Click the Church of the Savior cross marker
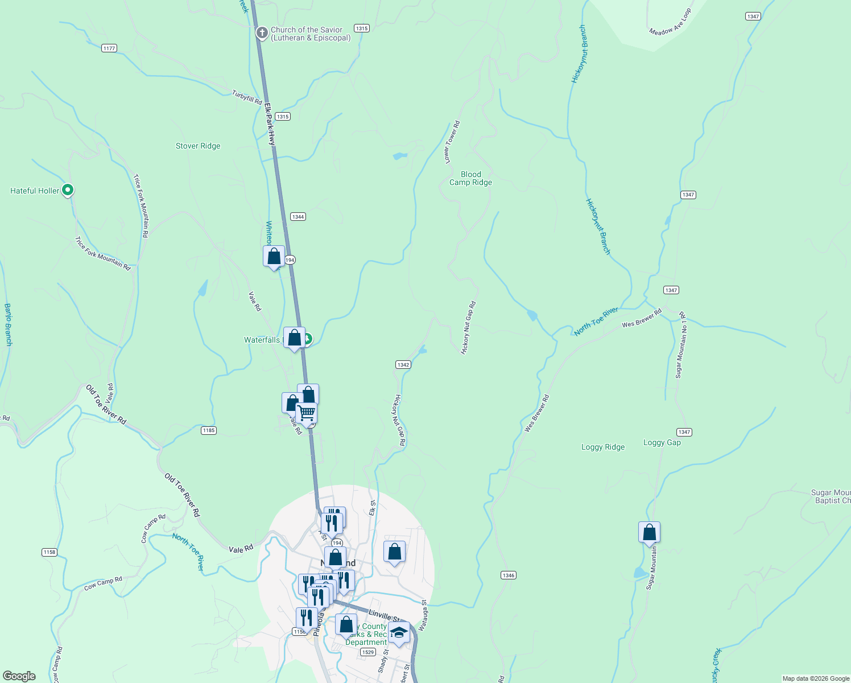tap(262, 33)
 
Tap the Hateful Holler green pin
tap(68, 190)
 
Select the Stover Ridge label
tap(198, 146)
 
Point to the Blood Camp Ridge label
tap(470, 178)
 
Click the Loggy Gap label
tap(662, 442)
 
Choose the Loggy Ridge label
tap(603, 447)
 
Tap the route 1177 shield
tap(109, 48)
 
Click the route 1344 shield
tap(298, 216)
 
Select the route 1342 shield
tap(403, 364)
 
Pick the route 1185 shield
tap(209, 430)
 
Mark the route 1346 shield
tap(509, 575)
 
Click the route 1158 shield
tap(49, 552)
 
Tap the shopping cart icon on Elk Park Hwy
tap(307, 413)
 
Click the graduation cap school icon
tap(399, 632)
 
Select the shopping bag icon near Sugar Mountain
tap(649, 533)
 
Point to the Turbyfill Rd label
tap(247, 97)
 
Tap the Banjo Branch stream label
tap(8, 324)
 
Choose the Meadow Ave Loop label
tap(670, 22)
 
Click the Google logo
tap(20, 676)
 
